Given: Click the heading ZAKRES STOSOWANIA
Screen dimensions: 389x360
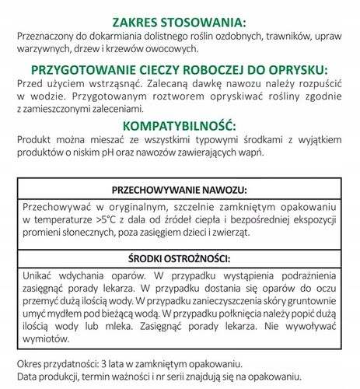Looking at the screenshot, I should point(180,21).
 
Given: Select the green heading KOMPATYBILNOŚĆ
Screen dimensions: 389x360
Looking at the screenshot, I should point(180,126).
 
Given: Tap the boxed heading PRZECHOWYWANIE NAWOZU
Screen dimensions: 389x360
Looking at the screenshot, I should point(180,190).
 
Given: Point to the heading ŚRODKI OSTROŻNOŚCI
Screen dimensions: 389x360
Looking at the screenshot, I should point(180,258).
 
